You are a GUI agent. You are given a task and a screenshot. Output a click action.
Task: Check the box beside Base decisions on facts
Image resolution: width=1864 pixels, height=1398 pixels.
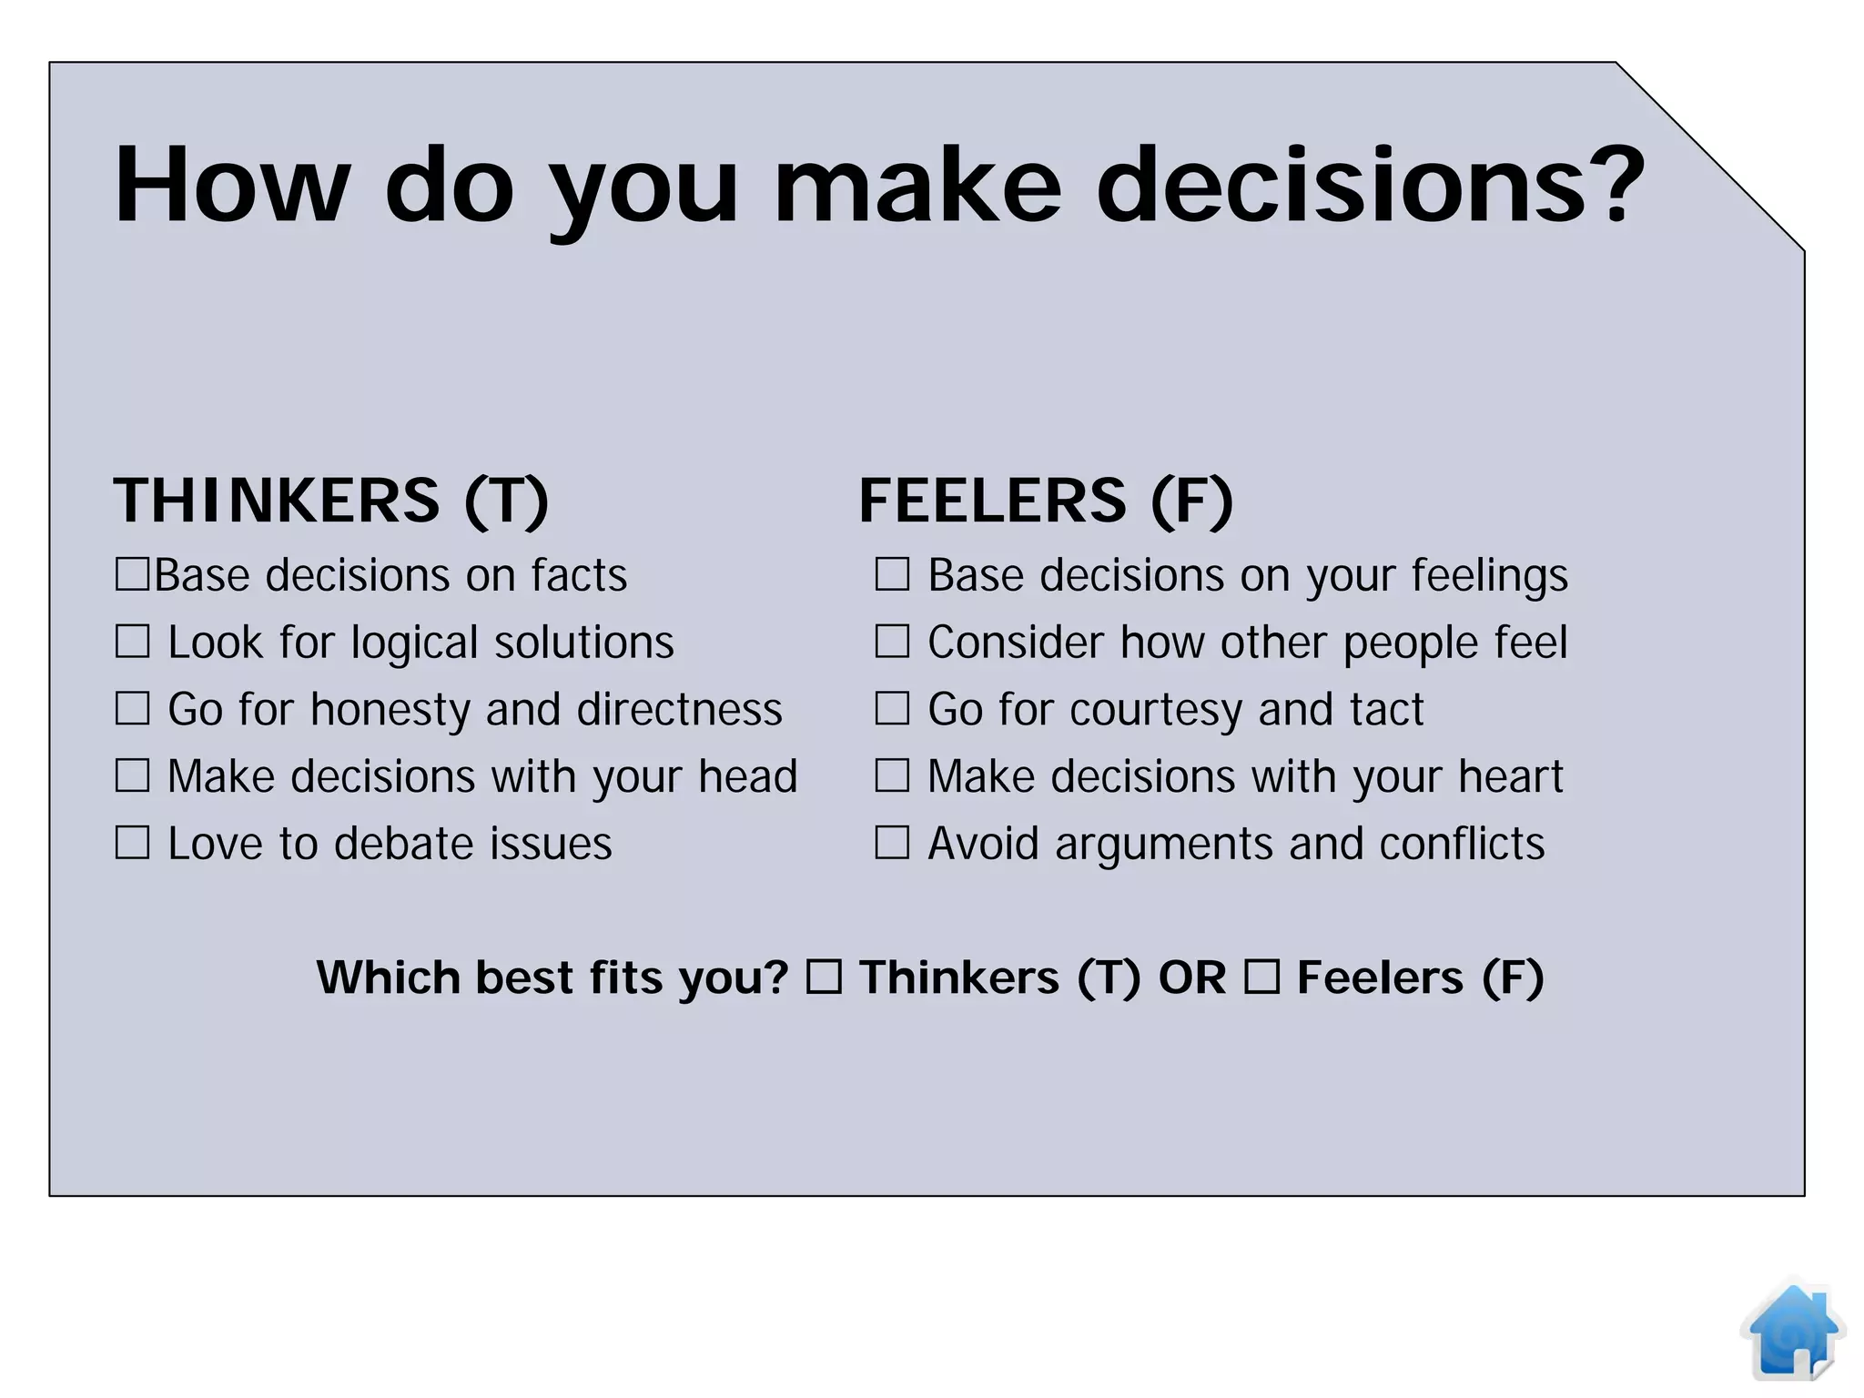(132, 575)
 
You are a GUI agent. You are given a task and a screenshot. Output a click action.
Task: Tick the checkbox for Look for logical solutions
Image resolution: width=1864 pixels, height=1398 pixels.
(132, 642)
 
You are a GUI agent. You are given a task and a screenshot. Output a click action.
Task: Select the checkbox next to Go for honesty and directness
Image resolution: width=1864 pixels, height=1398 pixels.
(132, 708)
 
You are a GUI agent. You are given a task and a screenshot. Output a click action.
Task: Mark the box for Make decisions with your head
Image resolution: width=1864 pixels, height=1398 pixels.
(132, 775)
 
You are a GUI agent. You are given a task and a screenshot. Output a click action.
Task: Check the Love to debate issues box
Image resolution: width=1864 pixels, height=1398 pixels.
(132, 843)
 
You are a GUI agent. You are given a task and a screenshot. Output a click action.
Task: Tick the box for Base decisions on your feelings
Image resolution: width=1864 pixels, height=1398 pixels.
(892, 575)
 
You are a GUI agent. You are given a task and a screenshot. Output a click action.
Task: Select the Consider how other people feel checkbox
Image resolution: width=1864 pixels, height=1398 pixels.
(892, 642)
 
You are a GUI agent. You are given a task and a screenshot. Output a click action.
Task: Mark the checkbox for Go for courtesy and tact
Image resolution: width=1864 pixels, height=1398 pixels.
(892, 708)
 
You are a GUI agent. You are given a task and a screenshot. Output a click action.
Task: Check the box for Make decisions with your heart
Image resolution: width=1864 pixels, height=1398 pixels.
(892, 775)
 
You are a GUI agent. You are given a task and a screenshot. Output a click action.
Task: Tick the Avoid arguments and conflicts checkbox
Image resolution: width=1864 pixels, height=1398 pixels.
(892, 843)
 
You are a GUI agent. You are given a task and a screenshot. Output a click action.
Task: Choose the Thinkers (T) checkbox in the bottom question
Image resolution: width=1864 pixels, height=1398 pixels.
(824, 978)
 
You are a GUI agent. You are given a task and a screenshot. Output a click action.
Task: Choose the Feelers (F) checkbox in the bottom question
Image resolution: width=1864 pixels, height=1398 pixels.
(1261, 978)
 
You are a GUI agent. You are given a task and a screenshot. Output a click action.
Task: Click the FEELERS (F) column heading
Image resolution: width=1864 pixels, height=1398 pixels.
(1046, 501)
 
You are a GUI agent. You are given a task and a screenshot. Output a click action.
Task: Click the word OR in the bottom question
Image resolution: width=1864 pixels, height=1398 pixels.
(1192, 978)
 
